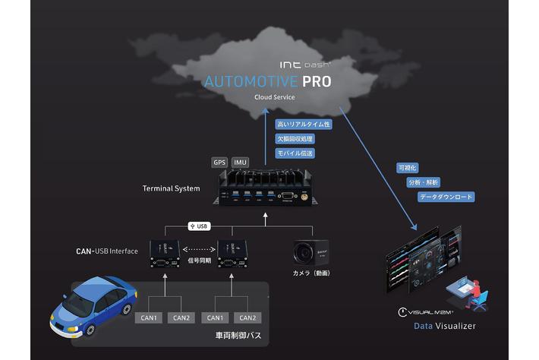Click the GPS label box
click(x=219, y=163)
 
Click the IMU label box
click(x=241, y=163)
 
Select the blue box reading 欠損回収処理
click(x=295, y=139)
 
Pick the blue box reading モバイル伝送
click(x=295, y=153)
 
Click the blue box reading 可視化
click(x=407, y=167)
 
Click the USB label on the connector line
click(x=200, y=226)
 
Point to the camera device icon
click(x=307, y=251)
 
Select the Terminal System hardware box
click(x=264, y=190)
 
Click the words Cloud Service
click(x=275, y=98)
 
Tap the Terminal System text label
click(x=172, y=188)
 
